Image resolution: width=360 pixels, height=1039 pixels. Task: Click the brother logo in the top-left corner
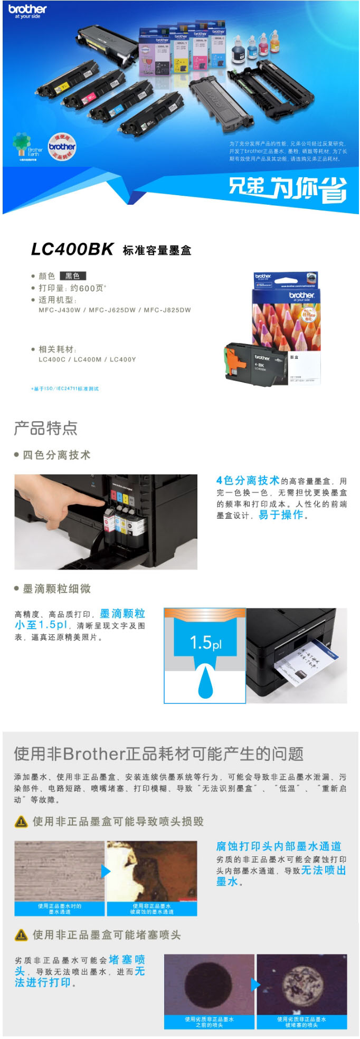coord(27,11)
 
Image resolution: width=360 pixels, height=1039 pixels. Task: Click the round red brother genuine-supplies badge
coord(62,147)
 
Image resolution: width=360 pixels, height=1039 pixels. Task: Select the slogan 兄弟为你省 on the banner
coord(287,188)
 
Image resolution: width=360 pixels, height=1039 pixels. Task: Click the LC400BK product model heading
coord(72,249)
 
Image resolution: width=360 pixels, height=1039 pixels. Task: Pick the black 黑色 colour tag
coord(73,276)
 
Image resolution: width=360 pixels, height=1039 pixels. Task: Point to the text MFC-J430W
coord(60,310)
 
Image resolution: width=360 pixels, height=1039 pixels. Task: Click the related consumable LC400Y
coord(123,359)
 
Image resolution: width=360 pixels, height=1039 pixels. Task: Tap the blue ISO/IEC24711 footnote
coord(65,389)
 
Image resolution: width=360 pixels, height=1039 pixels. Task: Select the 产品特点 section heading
coord(46,428)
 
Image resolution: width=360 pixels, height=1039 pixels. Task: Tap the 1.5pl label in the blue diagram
coord(205,643)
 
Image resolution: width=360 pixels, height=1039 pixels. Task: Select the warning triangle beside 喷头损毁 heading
coord(21,822)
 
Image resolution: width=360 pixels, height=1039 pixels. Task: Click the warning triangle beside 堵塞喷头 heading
coord(21,935)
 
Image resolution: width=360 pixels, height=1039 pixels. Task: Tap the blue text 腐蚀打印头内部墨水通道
coord(279,846)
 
